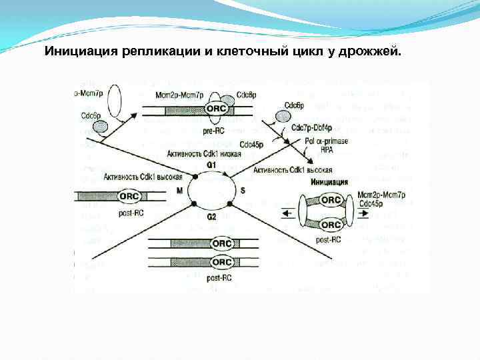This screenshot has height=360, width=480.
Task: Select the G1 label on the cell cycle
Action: [x=211, y=163]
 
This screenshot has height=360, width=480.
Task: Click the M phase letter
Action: [x=179, y=191]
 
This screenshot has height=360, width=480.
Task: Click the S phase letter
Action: [x=243, y=191]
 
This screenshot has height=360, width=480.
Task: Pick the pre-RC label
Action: [x=215, y=132]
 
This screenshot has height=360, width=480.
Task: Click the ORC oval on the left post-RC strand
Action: [x=129, y=197]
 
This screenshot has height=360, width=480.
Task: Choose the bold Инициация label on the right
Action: [x=329, y=181]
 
